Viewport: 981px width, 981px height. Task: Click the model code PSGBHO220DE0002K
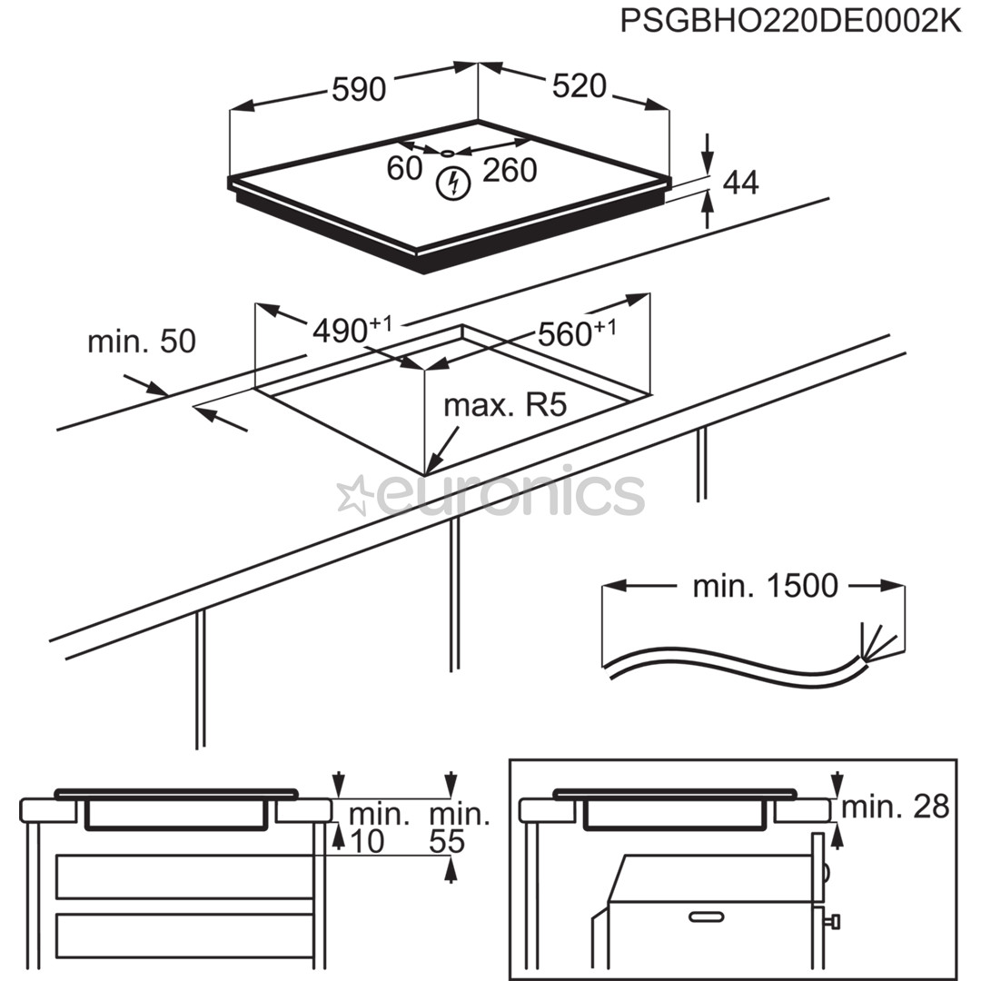pyautogui.click(x=790, y=20)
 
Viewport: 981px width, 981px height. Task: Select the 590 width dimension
pyautogui.click(x=359, y=89)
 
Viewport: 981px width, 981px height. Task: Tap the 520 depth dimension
pyautogui.click(x=579, y=85)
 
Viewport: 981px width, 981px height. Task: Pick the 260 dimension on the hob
pyautogui.click(x=510, y=170)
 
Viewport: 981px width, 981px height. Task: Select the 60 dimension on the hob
pyautogui.click(x=404, y=168)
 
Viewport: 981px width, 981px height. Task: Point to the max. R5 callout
pyautogui.click(x=505, y=405)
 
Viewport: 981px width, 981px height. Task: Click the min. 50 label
pyautogui.click(x=141, y=342)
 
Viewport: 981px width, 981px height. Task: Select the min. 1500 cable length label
pyautogui.click(x=765, y=586)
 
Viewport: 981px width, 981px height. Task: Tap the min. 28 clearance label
pyautogui.click(x=896, y=806)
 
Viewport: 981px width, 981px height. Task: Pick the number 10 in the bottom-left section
pyautogui.click(x=367, y=842)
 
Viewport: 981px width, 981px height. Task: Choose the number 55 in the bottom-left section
pyautogui.click(x=447, y=842)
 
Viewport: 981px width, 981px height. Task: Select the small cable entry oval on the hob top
pyautogui.click(x=448, y=153)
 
